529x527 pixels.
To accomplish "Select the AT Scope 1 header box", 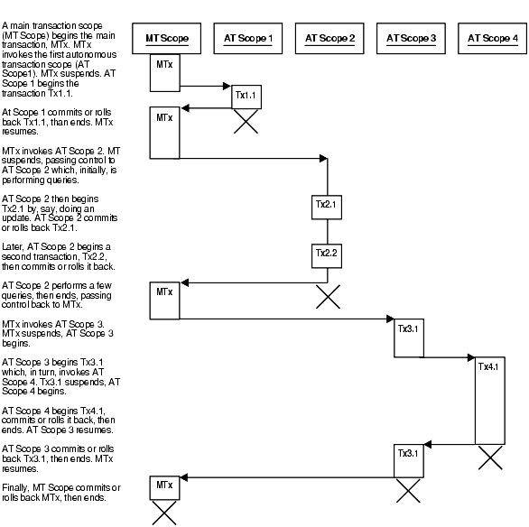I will (247, 38).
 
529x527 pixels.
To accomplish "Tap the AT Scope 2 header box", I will (329, 38).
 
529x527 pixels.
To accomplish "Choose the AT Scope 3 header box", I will (411, 38).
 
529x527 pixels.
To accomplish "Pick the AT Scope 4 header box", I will (492, 38).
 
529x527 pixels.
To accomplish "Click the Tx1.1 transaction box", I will (246, 96).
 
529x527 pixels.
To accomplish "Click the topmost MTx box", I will (163, 73).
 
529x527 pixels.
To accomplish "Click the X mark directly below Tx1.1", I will (246, 123).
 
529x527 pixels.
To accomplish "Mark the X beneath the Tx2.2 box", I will (327, 296).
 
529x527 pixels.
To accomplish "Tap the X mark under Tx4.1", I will (490, 458).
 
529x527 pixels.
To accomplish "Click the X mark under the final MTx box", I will (163, 514).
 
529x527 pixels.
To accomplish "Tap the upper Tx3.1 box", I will (408, 331).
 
